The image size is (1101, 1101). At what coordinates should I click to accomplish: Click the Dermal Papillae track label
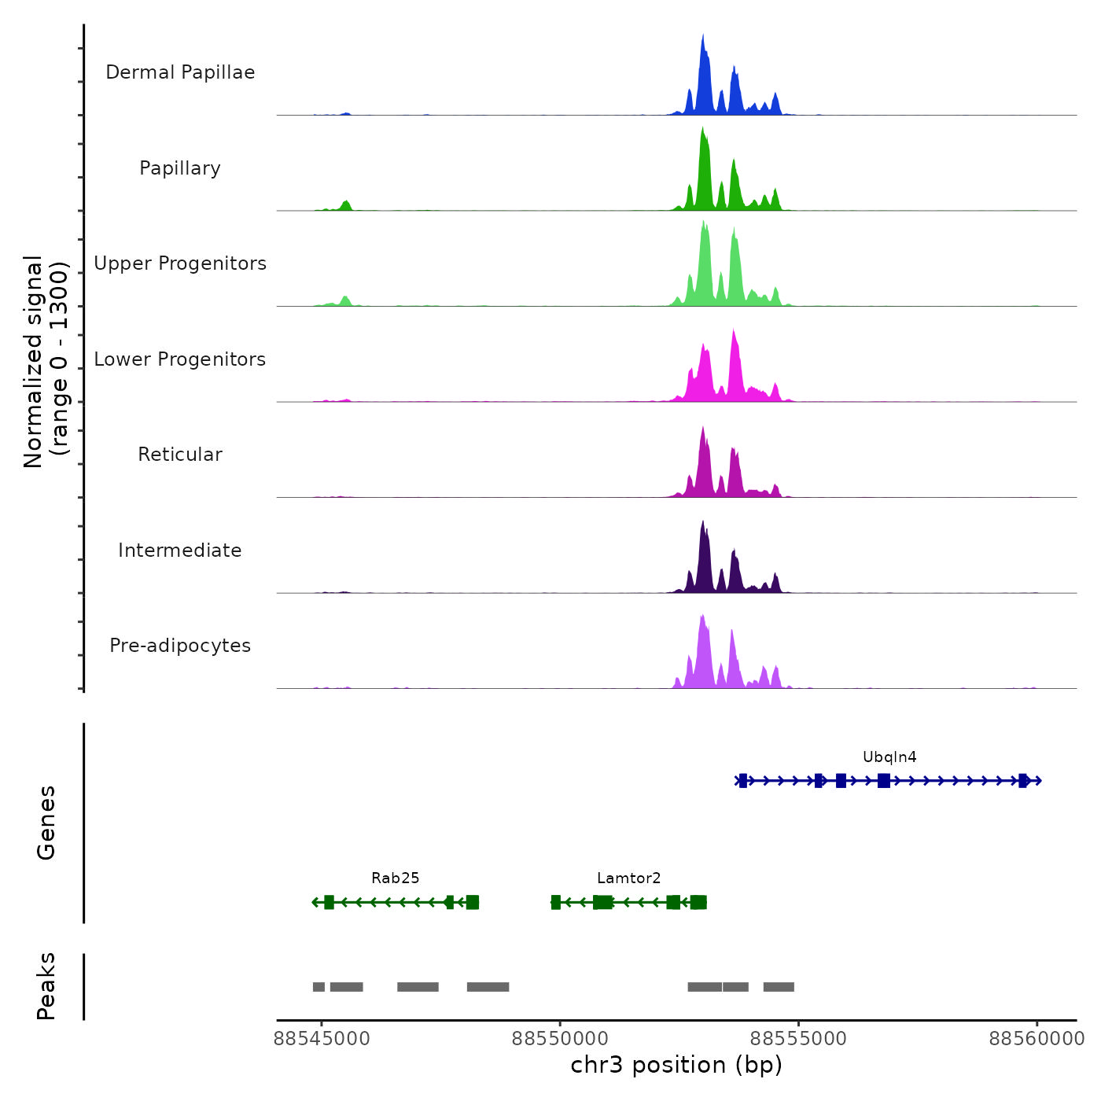coord(180,72)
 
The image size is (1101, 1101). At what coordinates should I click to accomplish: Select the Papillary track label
coord(180,168)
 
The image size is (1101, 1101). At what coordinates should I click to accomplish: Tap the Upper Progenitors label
coord(180,263)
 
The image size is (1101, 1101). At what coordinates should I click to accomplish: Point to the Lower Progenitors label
coord(180,359)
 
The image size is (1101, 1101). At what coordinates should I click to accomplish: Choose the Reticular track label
coord(180,455)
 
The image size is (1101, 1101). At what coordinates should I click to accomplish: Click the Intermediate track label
coord(180,550)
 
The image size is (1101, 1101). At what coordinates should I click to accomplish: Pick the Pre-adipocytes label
coord(180,646)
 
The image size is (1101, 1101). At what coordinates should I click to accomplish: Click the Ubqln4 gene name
coord(889,757)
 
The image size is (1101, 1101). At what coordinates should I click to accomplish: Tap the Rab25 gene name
coord(396,878)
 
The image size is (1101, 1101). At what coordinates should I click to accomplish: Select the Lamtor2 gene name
coord(629,878)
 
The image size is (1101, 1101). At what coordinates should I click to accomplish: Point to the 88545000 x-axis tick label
coord(322,1039)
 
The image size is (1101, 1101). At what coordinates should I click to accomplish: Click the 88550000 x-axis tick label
coord(560,1039)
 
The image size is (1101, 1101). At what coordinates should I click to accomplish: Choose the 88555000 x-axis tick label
coord(798,1039)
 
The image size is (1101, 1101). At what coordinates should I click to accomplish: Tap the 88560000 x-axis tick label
coord(1037,1039)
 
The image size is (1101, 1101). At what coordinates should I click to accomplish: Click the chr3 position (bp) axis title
coord(676,1065)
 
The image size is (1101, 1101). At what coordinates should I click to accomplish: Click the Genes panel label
coord(46,823)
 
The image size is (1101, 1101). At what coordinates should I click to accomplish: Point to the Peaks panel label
coord(46,986)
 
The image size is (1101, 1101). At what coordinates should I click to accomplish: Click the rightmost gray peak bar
coord(779,987)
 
